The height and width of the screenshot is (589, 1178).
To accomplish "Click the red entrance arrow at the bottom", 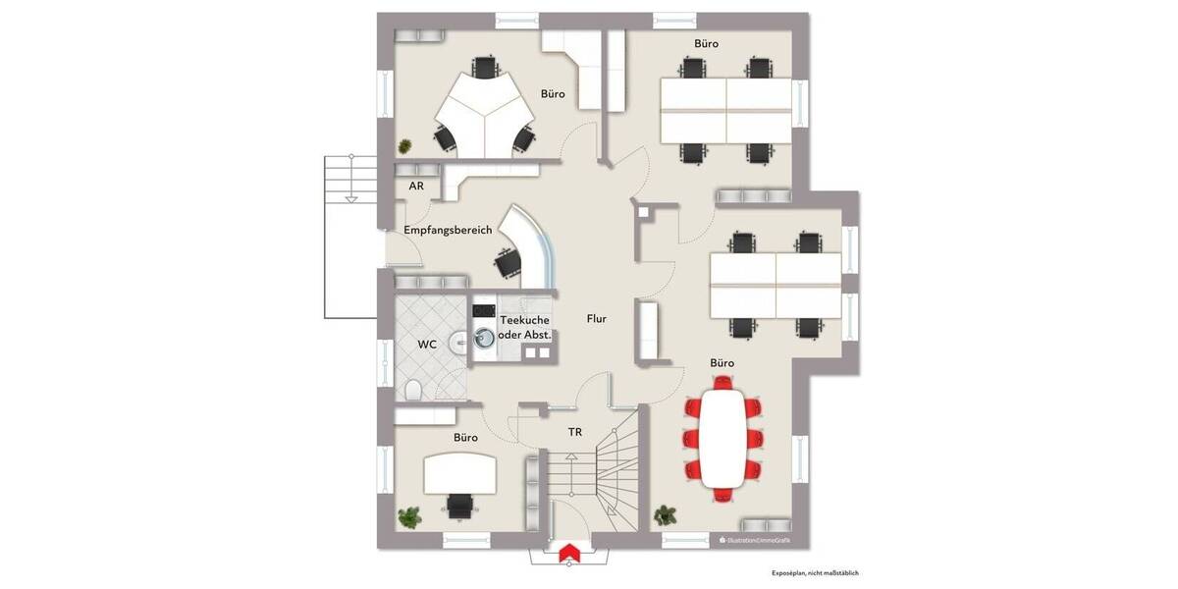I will tap(566, 556).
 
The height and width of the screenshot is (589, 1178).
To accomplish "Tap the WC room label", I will tap(427, 345).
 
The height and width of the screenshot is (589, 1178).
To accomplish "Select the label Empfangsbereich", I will tap(448, 230).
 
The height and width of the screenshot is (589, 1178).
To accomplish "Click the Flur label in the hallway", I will tap(596, 319).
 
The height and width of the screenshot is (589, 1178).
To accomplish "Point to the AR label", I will tap(416, 186).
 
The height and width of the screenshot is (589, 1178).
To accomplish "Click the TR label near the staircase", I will tap(574, 431).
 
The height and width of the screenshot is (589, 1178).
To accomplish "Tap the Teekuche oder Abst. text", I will tap(525, 328).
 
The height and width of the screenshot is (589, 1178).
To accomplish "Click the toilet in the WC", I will tap(413, 391).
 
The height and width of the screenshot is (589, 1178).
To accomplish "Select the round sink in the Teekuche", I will tap(483, 340).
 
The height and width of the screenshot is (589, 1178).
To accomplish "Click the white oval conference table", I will tap(723, 437).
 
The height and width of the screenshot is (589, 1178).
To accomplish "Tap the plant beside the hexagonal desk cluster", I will tap(404, 145).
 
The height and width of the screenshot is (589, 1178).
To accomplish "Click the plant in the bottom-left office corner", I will tap(408, 516).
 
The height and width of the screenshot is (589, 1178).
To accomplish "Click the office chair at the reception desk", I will tap(509, 262).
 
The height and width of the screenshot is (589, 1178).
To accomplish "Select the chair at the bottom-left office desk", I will tap(459, 506).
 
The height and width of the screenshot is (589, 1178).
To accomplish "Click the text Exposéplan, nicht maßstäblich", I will tap(815, 572).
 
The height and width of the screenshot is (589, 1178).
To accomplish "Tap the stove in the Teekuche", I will tap(482, 311).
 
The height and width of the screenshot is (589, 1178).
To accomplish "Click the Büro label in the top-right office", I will tap(706, 44).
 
